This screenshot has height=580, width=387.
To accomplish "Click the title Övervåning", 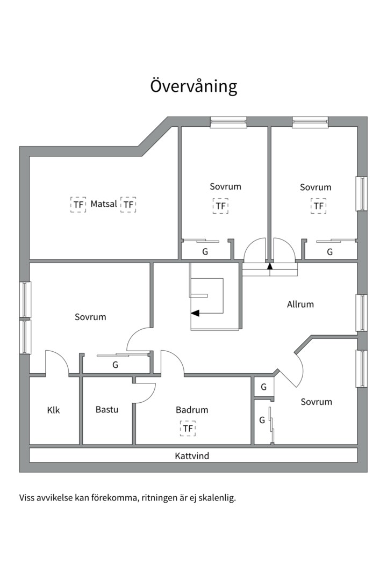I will (x=193, y=86).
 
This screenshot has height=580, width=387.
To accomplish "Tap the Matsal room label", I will (x=104, y=204).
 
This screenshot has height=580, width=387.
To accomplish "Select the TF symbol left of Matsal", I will (x=78, y=205).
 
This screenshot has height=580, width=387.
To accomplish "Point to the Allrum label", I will (x=300, y=304).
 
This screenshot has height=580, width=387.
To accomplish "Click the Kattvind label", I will (x=192, y=456).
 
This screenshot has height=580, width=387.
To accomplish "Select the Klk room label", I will (x=53, y=410).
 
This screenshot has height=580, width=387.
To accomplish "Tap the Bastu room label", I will (x=106, y=410).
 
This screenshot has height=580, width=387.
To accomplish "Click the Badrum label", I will (x=192, y=410).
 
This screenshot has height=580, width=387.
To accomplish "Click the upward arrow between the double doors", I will (x=270, y=265).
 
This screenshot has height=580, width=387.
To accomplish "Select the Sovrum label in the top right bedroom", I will (x=316, y=187).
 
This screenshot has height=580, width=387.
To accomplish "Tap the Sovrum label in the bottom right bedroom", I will (x=316, y=402).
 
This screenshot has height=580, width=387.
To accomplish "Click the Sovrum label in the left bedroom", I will (x=90, y=317).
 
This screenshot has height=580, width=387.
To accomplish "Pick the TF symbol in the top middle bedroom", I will (x=220, y=206).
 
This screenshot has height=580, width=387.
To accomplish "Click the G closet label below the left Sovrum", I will (x=115, y=365).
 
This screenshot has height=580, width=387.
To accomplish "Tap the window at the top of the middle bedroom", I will (x=228, y=122).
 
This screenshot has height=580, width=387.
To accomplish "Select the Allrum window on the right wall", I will (x=362, y=313).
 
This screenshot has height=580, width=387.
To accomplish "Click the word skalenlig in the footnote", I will (x=217, y=497).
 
